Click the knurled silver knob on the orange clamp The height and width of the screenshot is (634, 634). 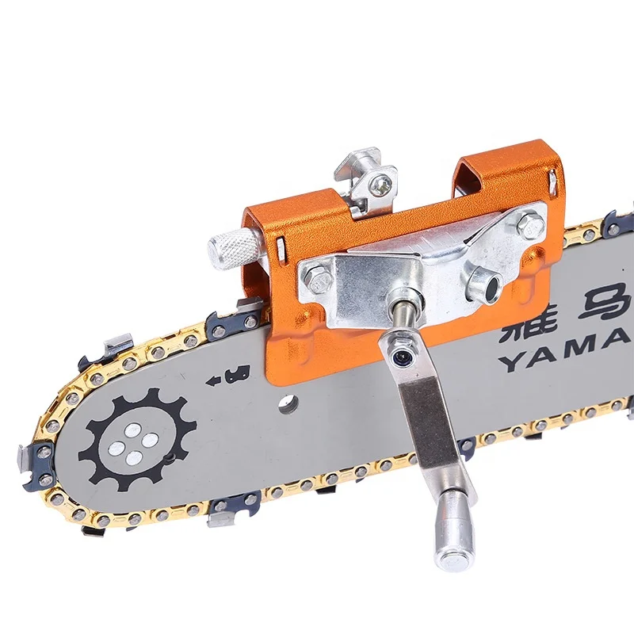[x=230, y=246]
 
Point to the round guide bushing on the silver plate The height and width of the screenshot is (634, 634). [x=482, y=284]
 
